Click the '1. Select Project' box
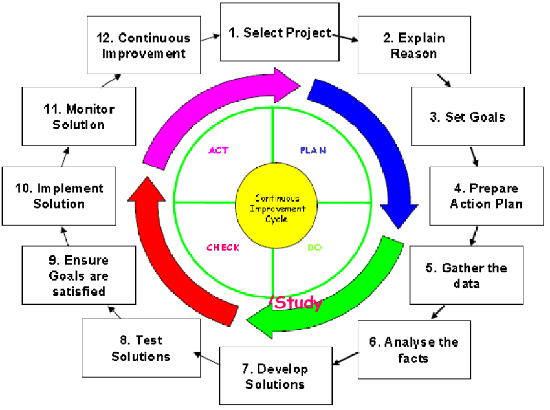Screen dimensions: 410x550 point(279,32)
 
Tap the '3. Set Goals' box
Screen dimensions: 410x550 point(467,117)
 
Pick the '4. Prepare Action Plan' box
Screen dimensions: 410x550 point(486,197)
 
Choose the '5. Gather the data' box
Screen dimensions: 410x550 point(466,275)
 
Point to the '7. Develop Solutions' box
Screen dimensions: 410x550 point(274,377)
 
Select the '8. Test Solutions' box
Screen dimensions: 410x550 point(140,349)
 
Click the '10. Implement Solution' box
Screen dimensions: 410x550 point(59,197)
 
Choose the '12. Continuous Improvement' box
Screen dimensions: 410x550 point(143,46)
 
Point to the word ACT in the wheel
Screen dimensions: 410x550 point(219,150)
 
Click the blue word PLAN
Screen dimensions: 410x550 point(313,150)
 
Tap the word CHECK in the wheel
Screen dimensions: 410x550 point(223,248)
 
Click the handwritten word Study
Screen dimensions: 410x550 point(298,303)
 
